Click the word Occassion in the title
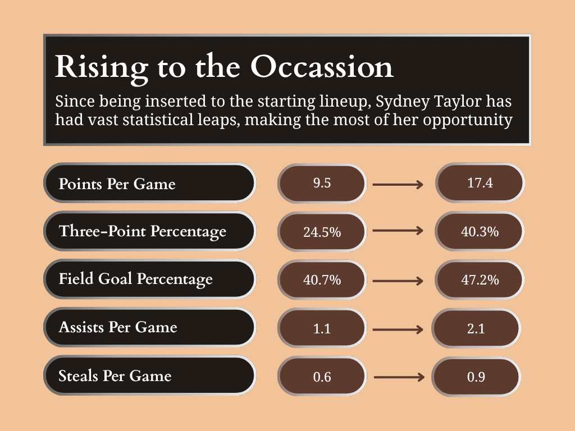[x=322, y=67]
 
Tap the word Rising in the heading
[x=102, y=68]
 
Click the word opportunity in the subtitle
[x=468, y=120]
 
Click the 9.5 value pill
[x=322, y=184]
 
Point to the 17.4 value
[x=480, y=183]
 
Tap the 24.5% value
[x=322, y=232]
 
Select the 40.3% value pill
[x=480, y=231]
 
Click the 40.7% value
[x=322, y=280]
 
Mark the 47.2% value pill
[x=480, y=280]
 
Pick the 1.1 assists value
[x=322, y=328]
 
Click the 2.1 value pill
[x=476, y=328]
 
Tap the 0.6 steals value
[x=322, y=377]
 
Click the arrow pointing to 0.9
[x=399, y=377]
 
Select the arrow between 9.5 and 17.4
[x=398, y=184]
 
